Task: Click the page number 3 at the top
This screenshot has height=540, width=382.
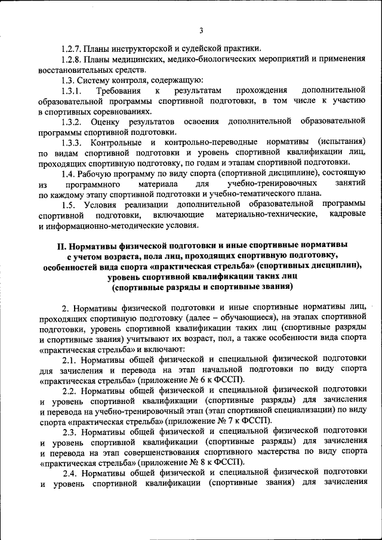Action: pos(201,30)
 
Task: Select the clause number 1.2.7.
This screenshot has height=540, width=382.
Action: pos(73,48)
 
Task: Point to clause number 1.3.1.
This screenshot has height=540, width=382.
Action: pos(73,91)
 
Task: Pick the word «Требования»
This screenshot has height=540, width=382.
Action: pos(119,91)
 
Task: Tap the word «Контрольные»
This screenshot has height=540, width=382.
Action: pos(116,143)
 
